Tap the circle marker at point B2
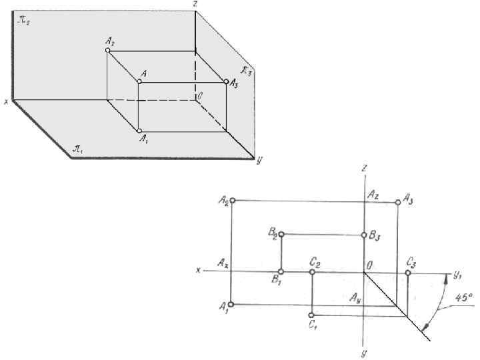281,234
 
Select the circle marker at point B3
364,235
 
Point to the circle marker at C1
312,315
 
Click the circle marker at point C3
408,272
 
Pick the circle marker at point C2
312,272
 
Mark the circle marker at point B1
281,272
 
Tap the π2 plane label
24,21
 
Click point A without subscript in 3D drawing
139,82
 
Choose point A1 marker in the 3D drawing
139,131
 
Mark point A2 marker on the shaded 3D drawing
107,50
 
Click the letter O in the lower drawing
367,265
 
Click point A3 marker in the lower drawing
398,201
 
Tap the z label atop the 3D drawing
194,4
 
